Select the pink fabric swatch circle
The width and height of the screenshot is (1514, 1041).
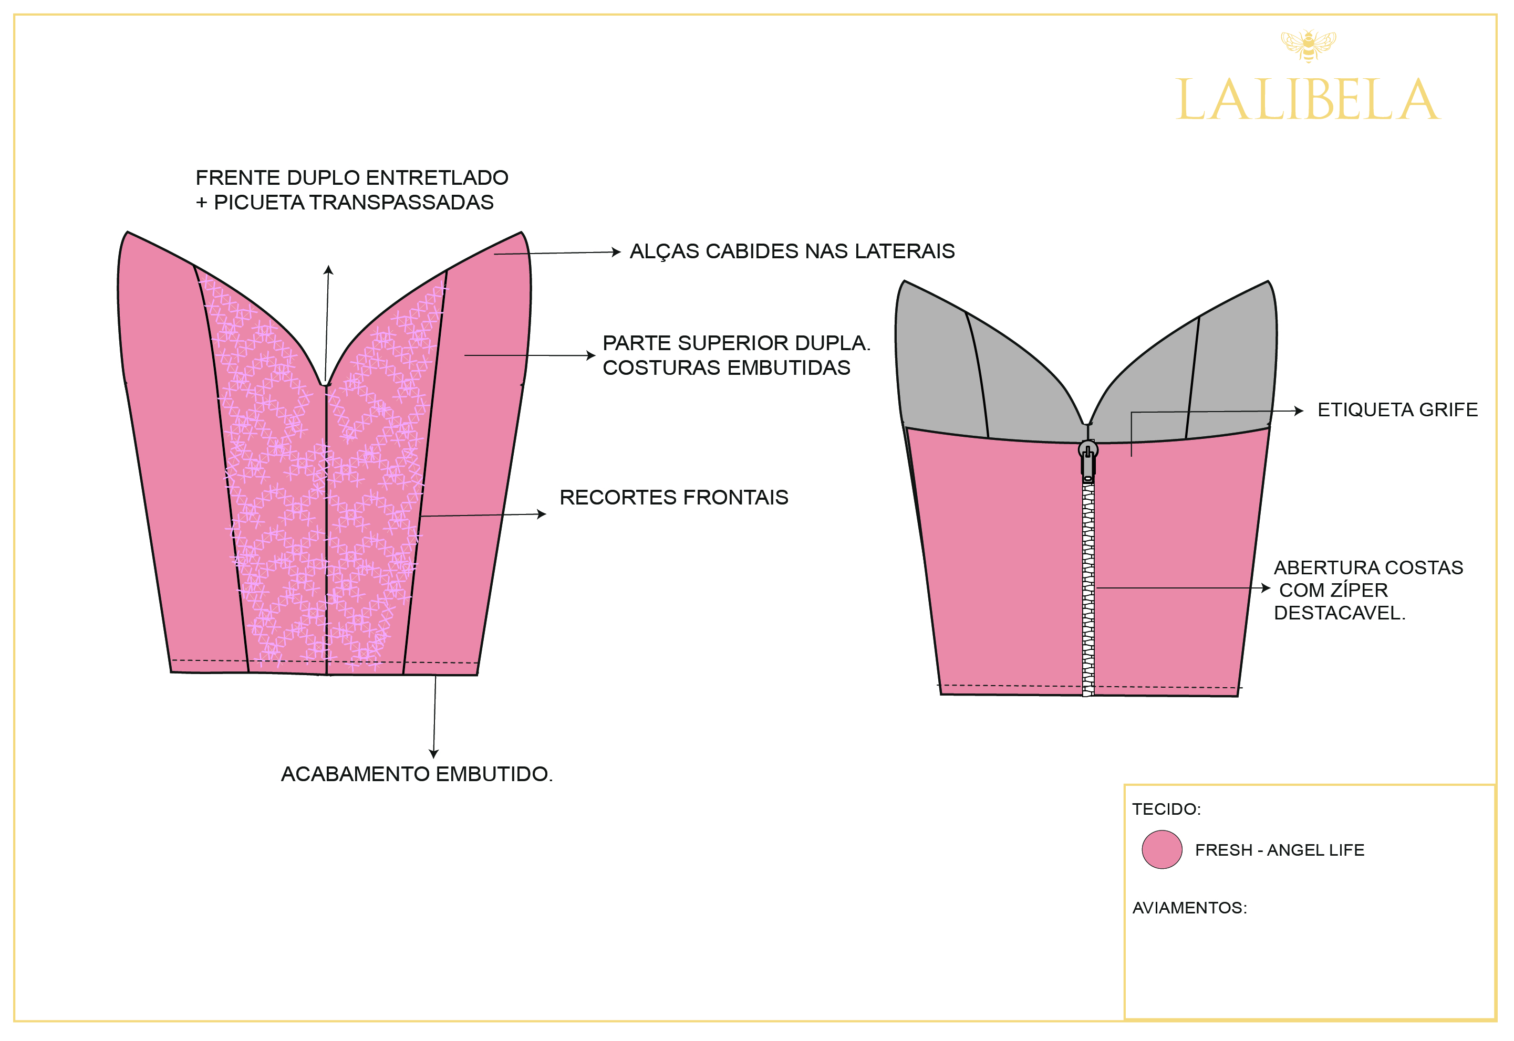coord(1162,849)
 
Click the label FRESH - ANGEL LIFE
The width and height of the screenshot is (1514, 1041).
coord(1279,850)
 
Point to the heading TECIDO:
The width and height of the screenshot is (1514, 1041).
coord(1166,809)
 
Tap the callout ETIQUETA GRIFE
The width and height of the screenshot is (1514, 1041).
coord(1397,409)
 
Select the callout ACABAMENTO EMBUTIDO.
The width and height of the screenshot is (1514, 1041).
coord(417,774)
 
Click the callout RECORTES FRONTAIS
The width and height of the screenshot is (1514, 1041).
coord(673,497)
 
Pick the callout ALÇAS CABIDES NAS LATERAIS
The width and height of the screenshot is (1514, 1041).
coord(792,251)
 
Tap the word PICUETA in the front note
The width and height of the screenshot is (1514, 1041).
coord(259,202)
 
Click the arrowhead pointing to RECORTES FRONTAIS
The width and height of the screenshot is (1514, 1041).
coord(542,514)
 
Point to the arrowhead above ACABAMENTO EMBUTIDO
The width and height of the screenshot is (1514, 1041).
coord(434,753)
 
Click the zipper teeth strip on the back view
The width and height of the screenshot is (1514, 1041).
coord(1088,587)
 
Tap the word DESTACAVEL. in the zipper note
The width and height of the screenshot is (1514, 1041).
coord(1339,613)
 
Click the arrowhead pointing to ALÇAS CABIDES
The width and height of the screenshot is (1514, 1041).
coord(616,252)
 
